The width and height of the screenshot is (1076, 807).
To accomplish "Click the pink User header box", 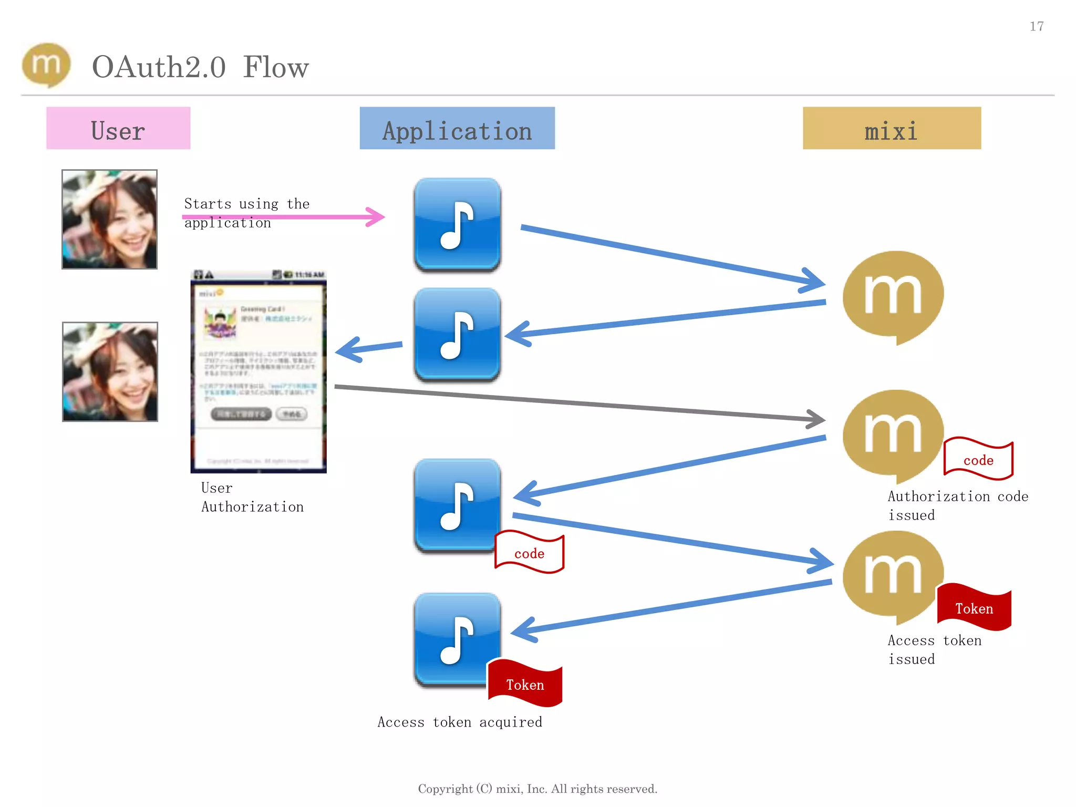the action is pyautogui.click(x=118, y=128).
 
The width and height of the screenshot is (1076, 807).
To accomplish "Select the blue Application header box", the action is pyautogui.click(x=457, y=128).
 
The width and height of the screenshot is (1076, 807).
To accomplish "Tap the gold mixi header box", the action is pyautogui.click(x=892, y=128).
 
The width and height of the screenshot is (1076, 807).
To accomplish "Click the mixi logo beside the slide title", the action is pyautogui.click(x=46, y=65).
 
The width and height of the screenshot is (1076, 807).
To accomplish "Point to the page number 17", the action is pyautogui.click(x=1036, y=26).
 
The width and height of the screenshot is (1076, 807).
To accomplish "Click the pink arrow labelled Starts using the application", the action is pyautogui.click(x=284, y=216).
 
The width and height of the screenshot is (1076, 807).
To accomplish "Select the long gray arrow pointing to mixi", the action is pyautogui.click(x=578, y=403).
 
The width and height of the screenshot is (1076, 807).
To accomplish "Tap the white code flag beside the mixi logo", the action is pyautogui.click(x=978, y=459).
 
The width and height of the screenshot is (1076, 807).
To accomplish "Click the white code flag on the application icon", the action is pyautogui.click(x=529, y=552).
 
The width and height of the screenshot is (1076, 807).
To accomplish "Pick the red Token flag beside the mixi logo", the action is pyautogui.click(x=975, y=608).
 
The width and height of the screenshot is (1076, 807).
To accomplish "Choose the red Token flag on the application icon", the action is pyautogui.click(x=525, y=684).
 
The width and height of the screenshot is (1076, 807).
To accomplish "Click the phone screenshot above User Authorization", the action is pyautogui.click(x=258, y=372).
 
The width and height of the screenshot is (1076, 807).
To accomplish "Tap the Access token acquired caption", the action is pyautogui.click(x=460, y=722).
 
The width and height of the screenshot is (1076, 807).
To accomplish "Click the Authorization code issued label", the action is pyautogui.click(x=957, y=505).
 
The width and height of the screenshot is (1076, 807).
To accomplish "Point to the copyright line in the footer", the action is pyautogui.click(x=537, y=789).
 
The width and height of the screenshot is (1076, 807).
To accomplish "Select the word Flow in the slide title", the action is pyautogui.click(x=276, y=67).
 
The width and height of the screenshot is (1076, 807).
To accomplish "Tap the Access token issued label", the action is pyautogui.click(x=934, y=649).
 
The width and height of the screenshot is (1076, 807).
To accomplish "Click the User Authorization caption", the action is pyautogui.click(x=252, y=497).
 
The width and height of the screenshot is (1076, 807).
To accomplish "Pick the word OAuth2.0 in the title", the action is pyautogui.click(x=159, y=67).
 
